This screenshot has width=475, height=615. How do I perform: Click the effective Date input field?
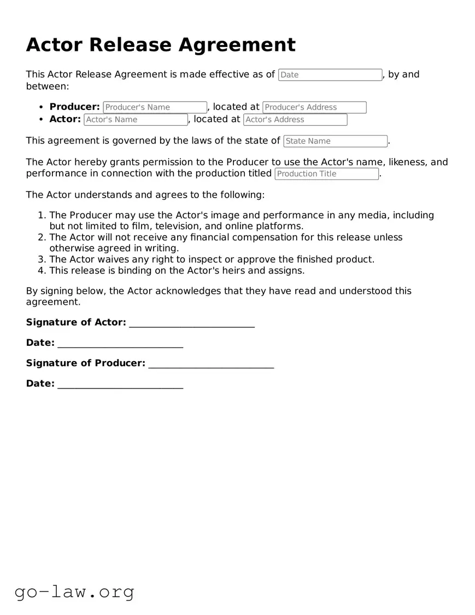330,75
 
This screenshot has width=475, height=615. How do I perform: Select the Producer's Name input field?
155,107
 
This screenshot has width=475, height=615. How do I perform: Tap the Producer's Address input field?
314,107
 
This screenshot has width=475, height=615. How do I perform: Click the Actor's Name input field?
136,119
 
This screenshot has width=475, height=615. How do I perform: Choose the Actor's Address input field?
295,119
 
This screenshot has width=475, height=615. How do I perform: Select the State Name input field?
335,141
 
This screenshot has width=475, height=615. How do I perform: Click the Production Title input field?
326,174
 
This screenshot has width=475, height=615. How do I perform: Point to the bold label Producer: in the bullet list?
74,107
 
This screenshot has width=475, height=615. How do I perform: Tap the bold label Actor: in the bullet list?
65,119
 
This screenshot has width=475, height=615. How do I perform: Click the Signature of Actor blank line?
192,323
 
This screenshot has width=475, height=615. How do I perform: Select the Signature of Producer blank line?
211,364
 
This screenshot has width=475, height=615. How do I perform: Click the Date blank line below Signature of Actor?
120,344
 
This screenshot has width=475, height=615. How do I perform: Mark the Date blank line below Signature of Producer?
120,384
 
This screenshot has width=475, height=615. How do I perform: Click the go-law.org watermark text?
74,591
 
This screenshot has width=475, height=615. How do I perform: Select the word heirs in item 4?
236,270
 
